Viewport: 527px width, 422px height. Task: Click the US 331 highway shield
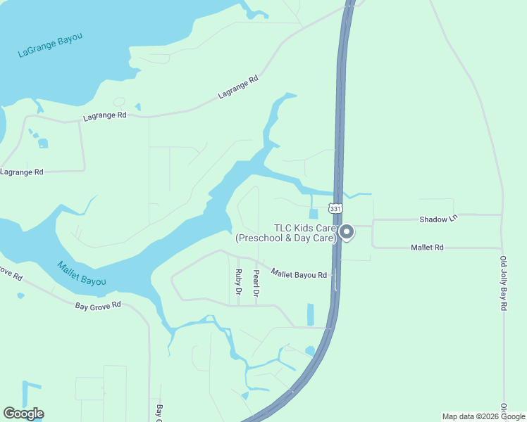(335, 209)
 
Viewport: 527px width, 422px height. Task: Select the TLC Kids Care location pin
(347, 232)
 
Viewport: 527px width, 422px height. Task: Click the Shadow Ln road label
(438, 219)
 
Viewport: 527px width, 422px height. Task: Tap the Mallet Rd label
(427, 248)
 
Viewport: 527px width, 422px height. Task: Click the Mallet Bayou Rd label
(299, 275)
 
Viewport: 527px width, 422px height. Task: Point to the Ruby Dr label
(239, 282)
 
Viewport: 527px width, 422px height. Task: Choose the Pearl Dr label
(256, 283)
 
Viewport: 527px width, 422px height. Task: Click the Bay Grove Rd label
(99, 305)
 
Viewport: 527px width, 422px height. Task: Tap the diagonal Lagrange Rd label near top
(238, 89)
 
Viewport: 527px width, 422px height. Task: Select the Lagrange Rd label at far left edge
(21, 172)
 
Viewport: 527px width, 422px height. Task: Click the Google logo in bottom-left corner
(23, 414)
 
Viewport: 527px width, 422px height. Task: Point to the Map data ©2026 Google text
(483, 416)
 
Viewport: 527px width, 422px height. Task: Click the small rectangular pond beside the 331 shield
(314, 214)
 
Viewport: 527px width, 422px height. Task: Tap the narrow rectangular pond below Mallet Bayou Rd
(311, 314)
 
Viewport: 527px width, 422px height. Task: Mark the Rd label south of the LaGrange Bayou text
(104, 115)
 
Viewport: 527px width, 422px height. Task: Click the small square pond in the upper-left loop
(43, 143)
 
